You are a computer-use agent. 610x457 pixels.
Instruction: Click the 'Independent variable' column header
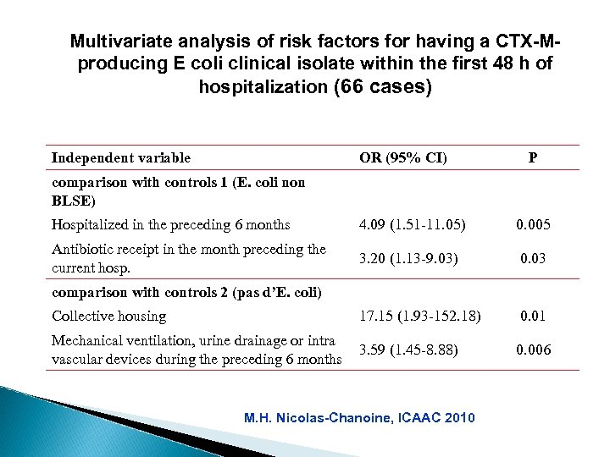120,157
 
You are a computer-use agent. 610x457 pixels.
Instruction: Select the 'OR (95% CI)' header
403,157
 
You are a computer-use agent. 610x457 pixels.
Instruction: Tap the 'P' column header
531,157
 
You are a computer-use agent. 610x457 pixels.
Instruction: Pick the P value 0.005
531,225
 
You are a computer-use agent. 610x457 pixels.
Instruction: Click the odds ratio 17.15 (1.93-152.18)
419,317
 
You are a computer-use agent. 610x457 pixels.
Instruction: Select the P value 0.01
531,317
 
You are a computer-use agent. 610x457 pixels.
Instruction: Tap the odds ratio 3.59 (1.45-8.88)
409,348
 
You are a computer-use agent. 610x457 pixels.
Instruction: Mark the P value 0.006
531,348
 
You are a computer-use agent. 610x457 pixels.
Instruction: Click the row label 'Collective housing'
109,317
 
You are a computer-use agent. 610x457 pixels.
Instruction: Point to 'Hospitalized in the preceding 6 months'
170,225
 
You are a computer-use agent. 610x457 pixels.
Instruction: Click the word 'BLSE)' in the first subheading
74,201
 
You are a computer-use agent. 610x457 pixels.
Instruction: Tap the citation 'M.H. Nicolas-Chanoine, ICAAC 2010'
359,417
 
